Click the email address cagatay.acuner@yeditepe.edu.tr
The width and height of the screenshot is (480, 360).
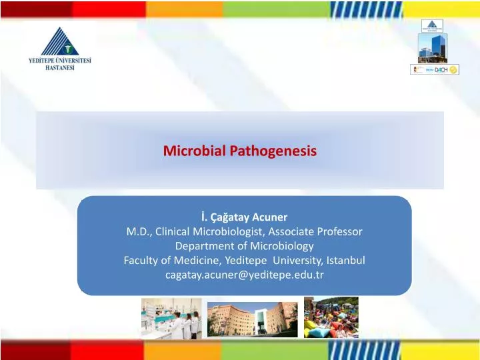[x=244, y=274]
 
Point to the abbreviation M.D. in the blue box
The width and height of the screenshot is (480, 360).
[x=139, y=231]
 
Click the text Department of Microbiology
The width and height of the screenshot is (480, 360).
[x=244, y=245]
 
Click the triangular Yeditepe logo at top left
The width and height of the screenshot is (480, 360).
[x=60, y=38]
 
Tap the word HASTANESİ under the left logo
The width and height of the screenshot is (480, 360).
[x=60, y=68]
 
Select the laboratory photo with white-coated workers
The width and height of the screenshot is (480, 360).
[x=170, y=317]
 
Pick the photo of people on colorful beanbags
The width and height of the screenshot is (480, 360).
[x=331, y=317]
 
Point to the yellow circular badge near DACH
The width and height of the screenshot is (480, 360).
[x=453, y=70]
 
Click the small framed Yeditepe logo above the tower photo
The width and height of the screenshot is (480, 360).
[x=431, y=26]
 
